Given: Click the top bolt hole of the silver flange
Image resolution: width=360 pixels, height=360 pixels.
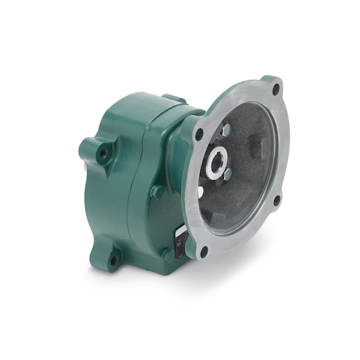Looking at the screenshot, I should tap(275, 90).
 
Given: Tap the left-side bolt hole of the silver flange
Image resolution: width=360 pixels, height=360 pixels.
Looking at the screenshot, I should tap(199, 133).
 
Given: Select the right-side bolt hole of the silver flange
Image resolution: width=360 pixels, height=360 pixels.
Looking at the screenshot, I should tap(277, 199).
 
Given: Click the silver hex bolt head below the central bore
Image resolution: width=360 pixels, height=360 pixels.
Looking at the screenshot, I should tap(227, 175).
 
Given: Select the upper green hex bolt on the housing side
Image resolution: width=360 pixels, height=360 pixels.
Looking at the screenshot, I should tap(157, 192).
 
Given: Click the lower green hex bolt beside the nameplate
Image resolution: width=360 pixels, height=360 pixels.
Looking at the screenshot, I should tap(168, 254).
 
